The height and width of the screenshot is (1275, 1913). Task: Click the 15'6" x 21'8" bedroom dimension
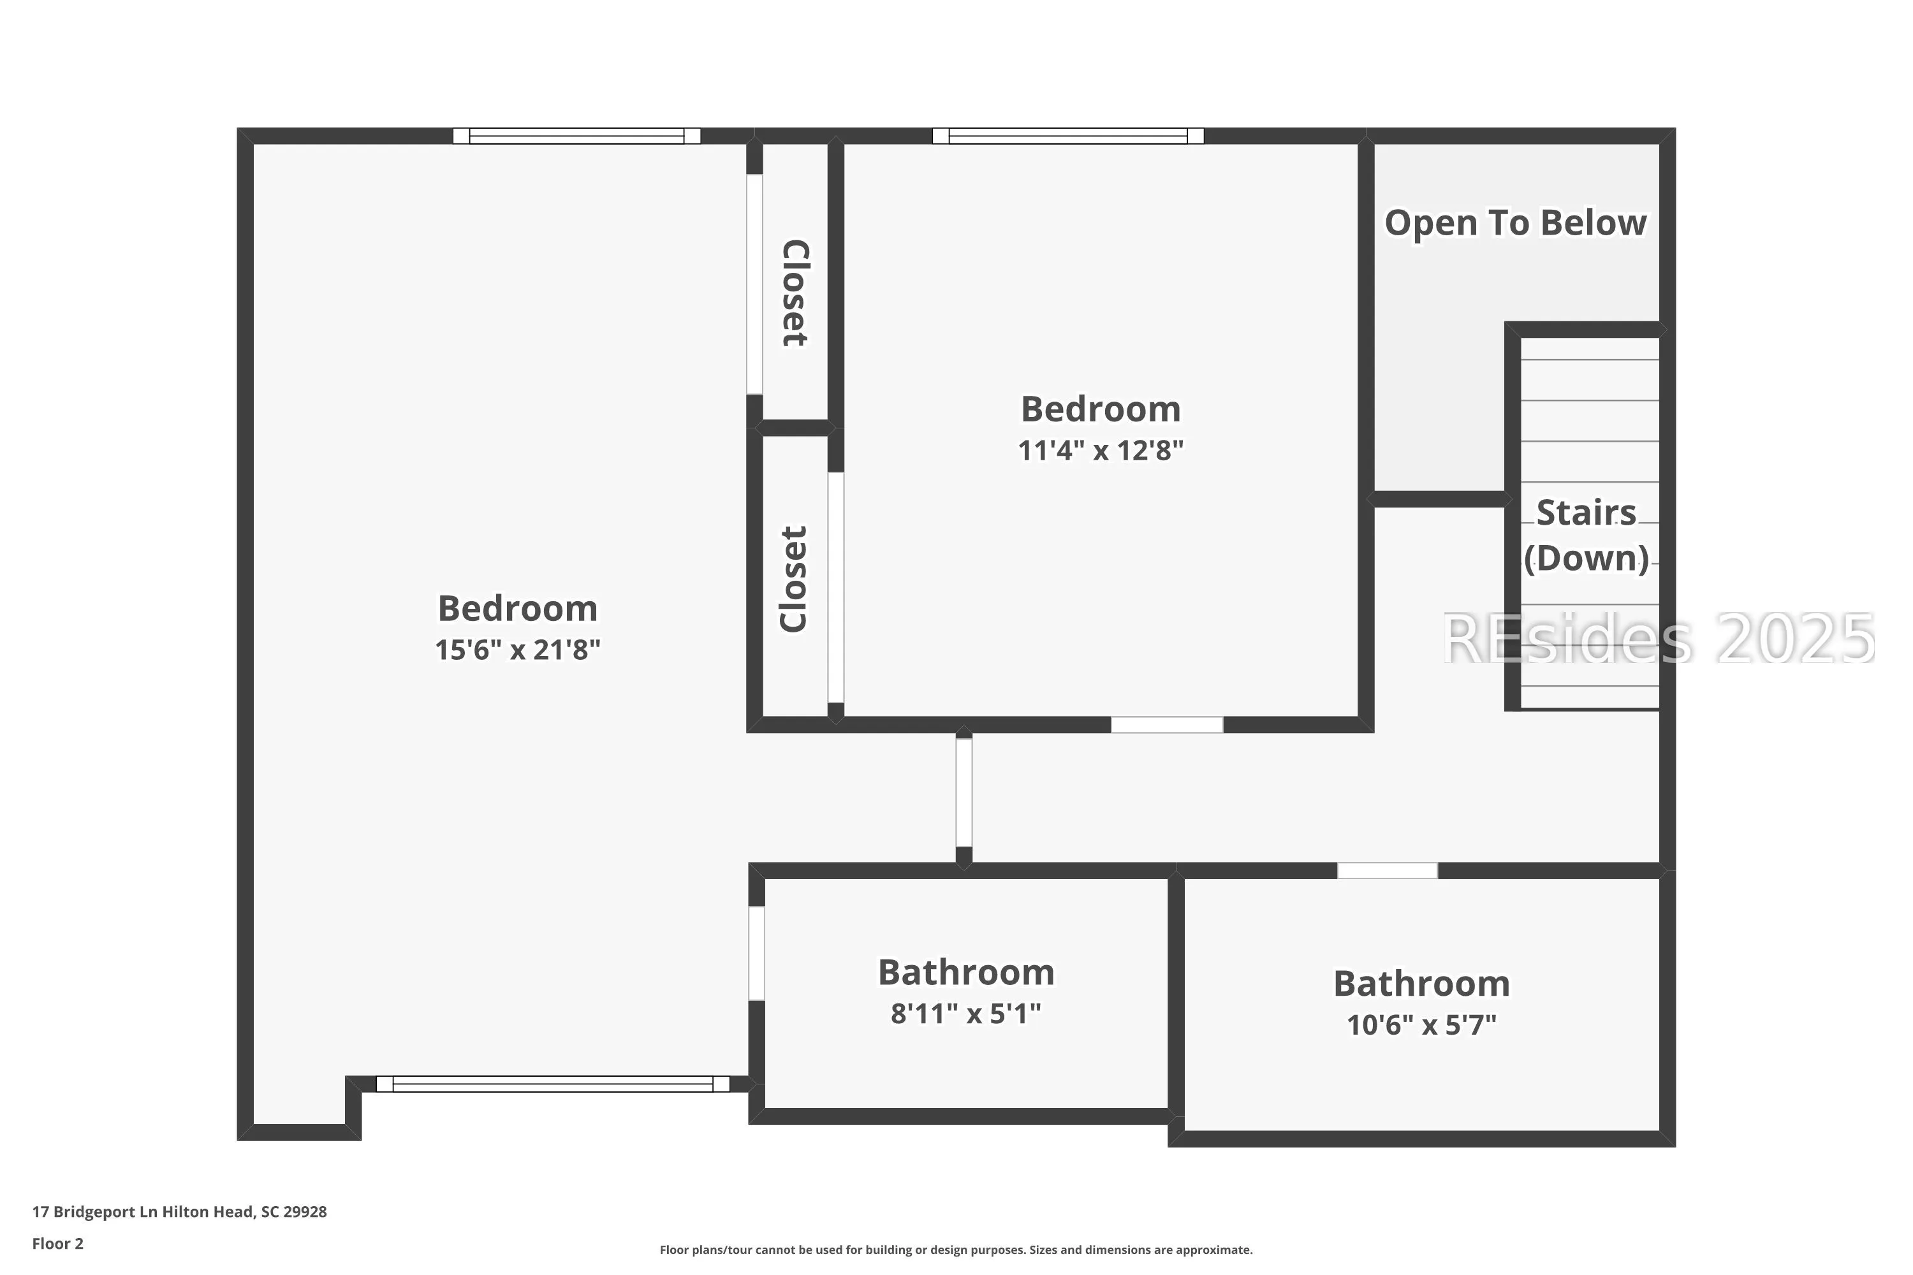point(517,650)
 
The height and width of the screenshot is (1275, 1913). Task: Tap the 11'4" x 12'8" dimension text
point(1101,449)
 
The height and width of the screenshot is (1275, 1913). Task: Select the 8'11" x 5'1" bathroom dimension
point(965,1013)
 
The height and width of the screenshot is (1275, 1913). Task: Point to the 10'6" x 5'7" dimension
point(1421,1024)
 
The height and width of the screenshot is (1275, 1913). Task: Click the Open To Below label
point(1515,222)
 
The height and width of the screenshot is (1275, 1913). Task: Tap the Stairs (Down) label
point(1586,535)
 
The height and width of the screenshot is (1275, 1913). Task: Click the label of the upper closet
point(795,293)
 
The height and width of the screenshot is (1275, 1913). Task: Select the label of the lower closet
point(794,579)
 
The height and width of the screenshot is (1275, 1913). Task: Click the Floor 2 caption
point(58,1243)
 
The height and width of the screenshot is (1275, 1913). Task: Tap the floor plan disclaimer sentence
point(956,1249)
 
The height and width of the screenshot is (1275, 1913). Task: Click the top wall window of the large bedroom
point(576,136)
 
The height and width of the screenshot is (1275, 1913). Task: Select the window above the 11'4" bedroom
point(1068,136)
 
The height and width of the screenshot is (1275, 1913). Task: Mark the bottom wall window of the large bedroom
point(553,1084)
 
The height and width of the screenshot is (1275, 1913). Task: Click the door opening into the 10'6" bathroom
point(1388,870)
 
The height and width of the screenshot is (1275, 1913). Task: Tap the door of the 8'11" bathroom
point(756,953)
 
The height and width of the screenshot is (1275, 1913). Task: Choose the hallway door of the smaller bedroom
point(1167,724)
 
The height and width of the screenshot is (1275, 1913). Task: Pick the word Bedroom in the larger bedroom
point(517,608)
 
